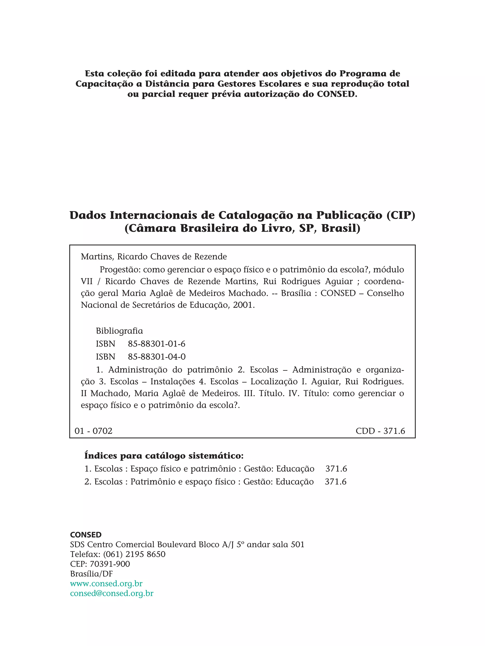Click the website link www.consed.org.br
(x=106, y=584)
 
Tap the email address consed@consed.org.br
(x=112, y=593)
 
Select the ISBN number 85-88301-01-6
(x=156, y=344)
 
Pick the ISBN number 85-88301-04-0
(x=156, y=356)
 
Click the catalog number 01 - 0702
(x=94, y=431)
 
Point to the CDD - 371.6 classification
(x=380, y=431)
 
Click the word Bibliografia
(x=119, y=331)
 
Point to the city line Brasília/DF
(x=91, y=574)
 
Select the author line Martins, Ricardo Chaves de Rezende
(x=154, y=257)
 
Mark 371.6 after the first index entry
(x=336, y=469)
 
